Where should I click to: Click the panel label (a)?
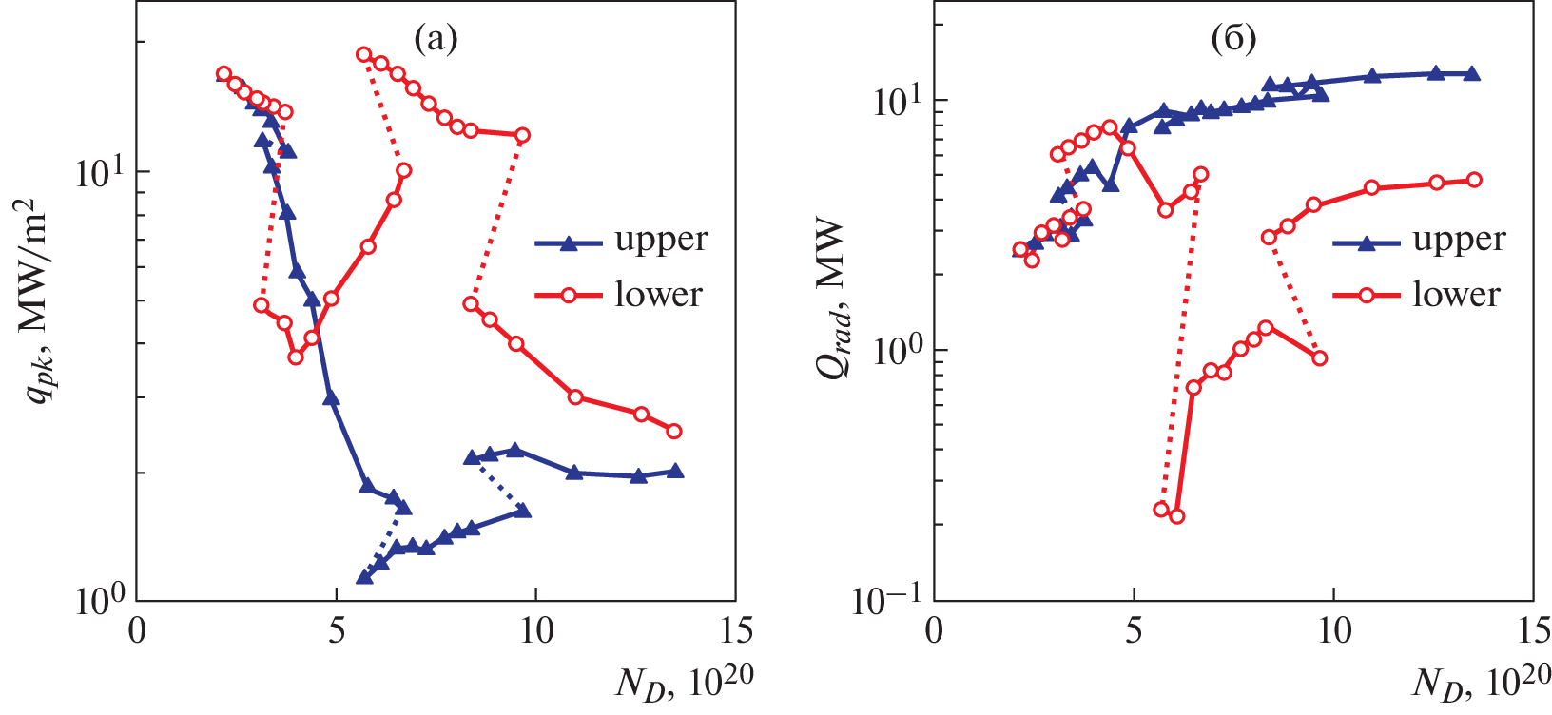(x=436, y=39)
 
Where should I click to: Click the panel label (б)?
(x=1233, y=39)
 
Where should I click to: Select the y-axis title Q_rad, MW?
(x=834, y=300)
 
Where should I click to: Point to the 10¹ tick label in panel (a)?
(x=102, y=171)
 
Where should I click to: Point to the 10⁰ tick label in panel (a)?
(x=102, y=601)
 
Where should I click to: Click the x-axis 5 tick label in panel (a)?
(x=337, y=631)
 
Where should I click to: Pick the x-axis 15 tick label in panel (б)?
(x=1531, y=631)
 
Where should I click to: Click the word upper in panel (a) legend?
(x=661, y=240)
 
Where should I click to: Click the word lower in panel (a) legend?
(x=658, y=295)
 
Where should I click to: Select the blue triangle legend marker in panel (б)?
(x=1367, y=243)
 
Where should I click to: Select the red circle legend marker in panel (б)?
(x=1367, y=296)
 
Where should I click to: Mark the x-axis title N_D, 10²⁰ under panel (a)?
(x=684, y=682)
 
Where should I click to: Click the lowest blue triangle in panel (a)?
(x=364, y=576)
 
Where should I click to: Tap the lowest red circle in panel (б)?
(x=1176, y=516)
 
